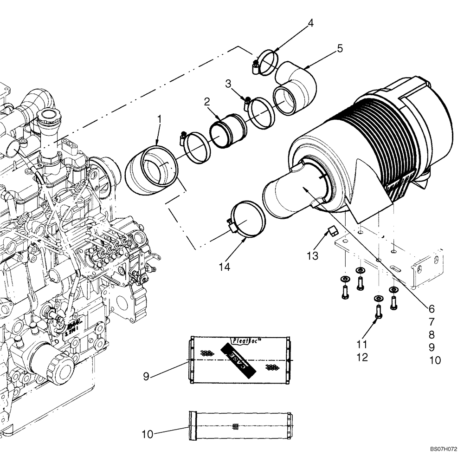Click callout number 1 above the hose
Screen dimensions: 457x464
point(159,119)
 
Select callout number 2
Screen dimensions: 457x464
point(206,101)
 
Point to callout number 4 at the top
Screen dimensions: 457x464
point(311,22)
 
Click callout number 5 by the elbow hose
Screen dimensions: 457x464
point(340,48)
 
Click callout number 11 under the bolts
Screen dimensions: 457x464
point(362,345)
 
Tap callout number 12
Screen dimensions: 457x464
point(362,357)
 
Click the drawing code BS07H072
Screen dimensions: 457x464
point(443,450)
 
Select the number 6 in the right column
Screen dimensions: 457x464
point(431,308)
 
